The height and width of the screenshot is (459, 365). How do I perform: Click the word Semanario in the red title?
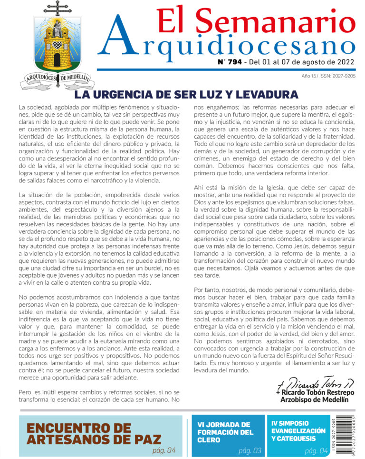[274, 21]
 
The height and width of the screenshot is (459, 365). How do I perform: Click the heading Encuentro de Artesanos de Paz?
[94, 433]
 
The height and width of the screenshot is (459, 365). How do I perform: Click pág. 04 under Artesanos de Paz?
[164, 449]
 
